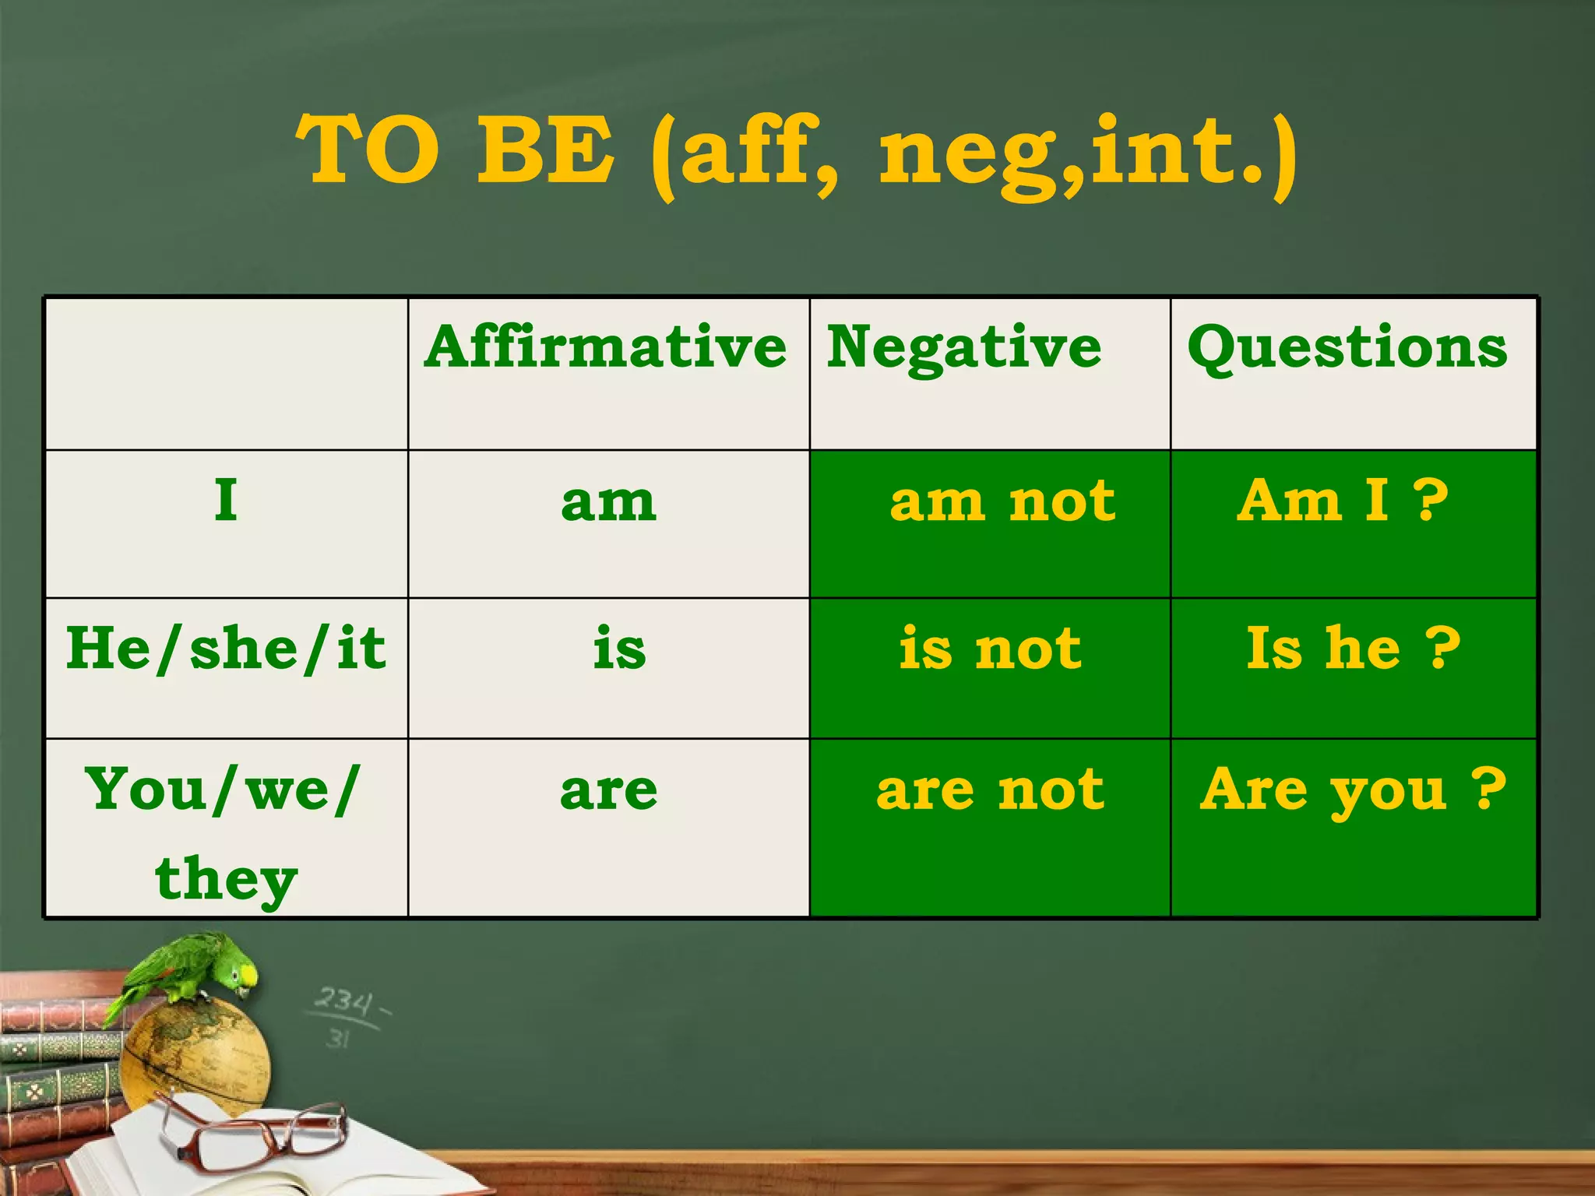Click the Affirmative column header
[x=606, y=347]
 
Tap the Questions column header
[x=1347, y=347]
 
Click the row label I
[x=226, y=500]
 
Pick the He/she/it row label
[x=226, y=648]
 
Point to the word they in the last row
[x=226, y=878]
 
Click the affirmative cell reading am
[x=608, y=502]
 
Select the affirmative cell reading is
[x=619, y=649]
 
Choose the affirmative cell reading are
[x=608, y=791]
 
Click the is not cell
[x=990, y=648]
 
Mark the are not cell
[x=990, y=790]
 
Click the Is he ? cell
[x=1353, y=648]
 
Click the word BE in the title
[x=545, y=149]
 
